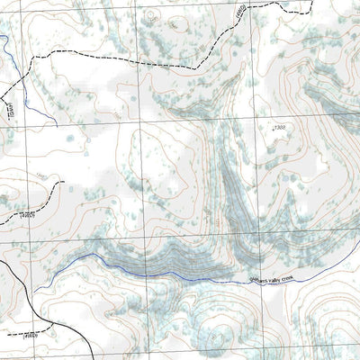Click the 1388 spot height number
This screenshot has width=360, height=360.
coord(280,129)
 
